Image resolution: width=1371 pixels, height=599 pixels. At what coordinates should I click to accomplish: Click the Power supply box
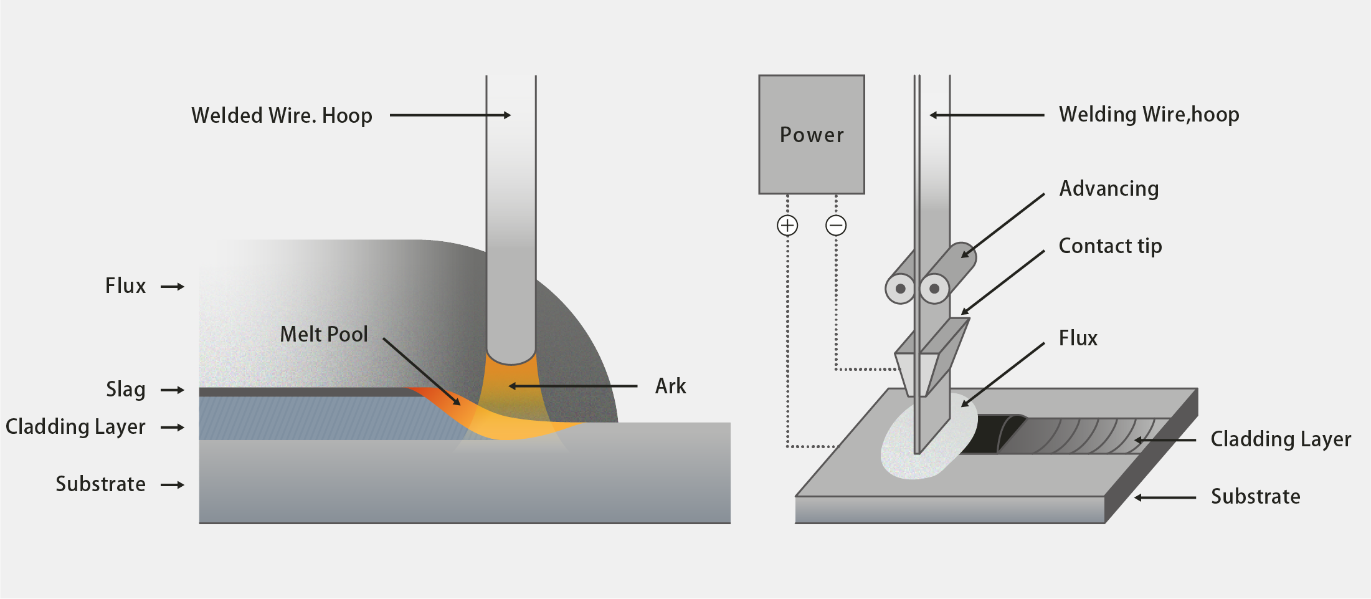coord(812,135)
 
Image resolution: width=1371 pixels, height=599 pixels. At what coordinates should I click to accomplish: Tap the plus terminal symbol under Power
coord(787,225)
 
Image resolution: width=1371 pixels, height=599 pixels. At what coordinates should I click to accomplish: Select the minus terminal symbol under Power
coord(836,225)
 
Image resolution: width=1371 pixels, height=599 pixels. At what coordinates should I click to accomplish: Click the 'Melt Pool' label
coord(324,334)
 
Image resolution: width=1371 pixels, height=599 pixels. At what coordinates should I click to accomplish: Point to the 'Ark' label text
coord(670,386)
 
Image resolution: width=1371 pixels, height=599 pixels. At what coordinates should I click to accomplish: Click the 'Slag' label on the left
coord(126,390)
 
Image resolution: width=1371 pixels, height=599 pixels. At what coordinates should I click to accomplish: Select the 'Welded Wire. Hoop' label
coord(282,116)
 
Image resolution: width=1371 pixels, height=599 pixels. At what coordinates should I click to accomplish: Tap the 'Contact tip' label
coord(1110,246)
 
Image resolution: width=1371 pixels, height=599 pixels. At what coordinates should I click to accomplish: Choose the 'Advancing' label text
coord(1109,189)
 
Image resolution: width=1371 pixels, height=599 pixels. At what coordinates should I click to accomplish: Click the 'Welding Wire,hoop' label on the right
coord(1149,115)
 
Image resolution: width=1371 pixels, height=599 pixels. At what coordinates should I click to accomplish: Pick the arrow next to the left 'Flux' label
coord(173,287)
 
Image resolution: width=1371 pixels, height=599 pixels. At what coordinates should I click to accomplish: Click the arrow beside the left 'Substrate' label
coord(173,485)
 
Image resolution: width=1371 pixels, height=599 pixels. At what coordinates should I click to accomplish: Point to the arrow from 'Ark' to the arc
coord(573,386)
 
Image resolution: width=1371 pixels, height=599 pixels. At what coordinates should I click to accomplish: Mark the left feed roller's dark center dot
coord(901,289)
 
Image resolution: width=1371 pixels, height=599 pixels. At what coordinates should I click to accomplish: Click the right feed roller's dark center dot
coord(934,289)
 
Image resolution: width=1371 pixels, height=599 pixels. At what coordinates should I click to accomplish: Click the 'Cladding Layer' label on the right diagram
coord(1281,439)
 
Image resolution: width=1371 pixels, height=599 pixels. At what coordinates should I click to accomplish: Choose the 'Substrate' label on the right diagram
coord(1255,497)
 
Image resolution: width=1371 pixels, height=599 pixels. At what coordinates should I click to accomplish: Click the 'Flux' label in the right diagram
coord(1078,338)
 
